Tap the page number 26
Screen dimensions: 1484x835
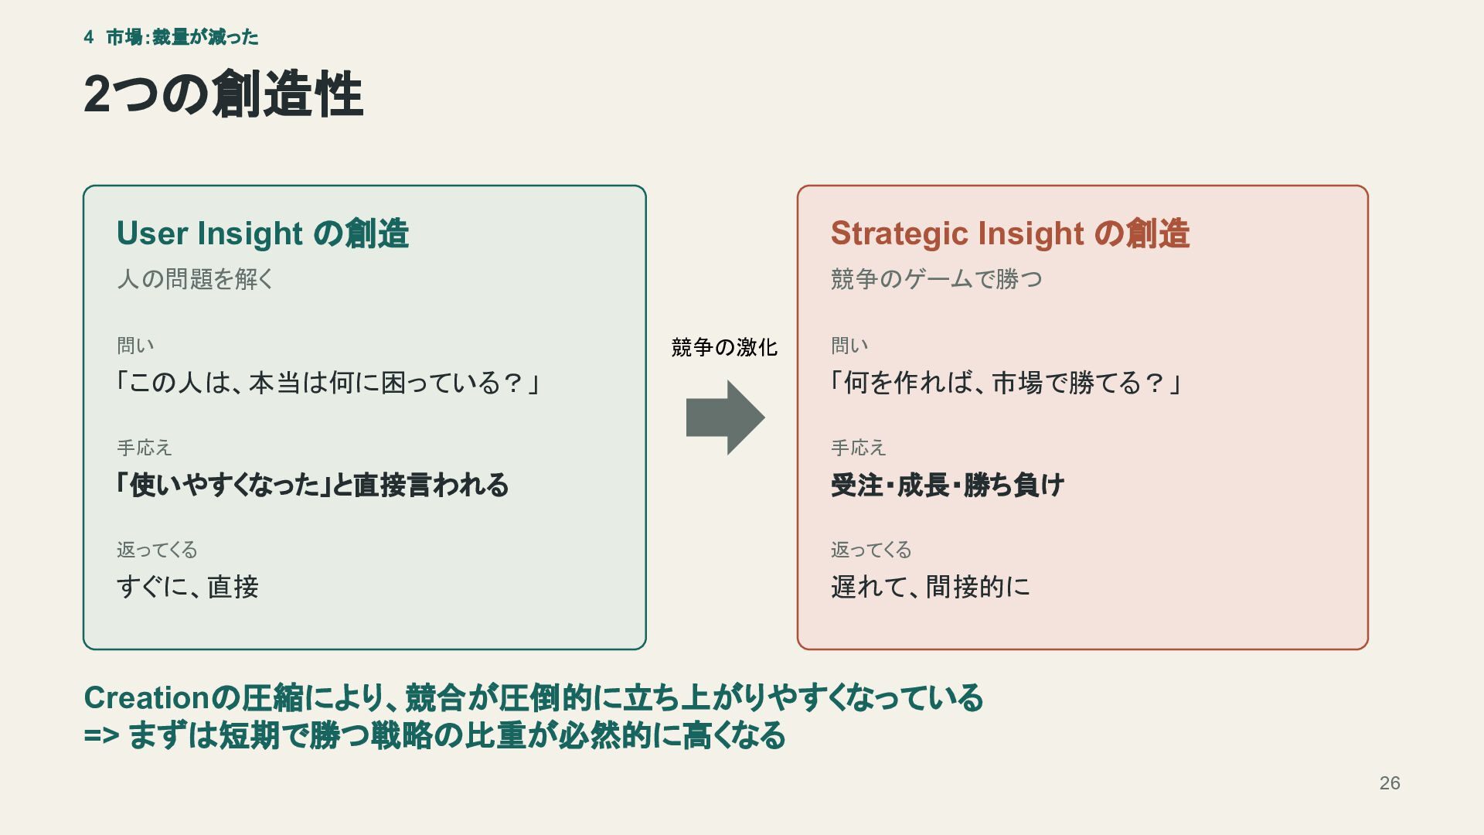(1390, 783)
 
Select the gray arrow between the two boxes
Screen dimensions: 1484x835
(725, 417)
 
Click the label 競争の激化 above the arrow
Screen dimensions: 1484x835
(724, 347)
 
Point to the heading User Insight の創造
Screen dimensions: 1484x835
(263, 233)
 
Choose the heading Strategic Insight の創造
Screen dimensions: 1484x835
(1010, 233)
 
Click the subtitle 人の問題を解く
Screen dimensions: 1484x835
(196, 279)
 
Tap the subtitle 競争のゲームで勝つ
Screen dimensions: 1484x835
(937, 279)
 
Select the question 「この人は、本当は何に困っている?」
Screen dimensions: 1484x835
(328, 383)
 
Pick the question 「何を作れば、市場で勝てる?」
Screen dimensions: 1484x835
(1006, 383)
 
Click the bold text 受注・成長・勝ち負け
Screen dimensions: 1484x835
(948, 486)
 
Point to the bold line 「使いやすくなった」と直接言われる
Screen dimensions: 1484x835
(312, 486)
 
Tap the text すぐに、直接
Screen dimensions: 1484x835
(188, 587)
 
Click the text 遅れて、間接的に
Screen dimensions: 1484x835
(931, 587)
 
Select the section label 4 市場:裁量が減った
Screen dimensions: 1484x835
(171, 37)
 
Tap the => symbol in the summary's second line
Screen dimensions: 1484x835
(101, 735)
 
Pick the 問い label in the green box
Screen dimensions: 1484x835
(135, 346)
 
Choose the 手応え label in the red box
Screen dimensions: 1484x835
(859, 448)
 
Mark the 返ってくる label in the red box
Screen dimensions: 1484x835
(871, 550)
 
